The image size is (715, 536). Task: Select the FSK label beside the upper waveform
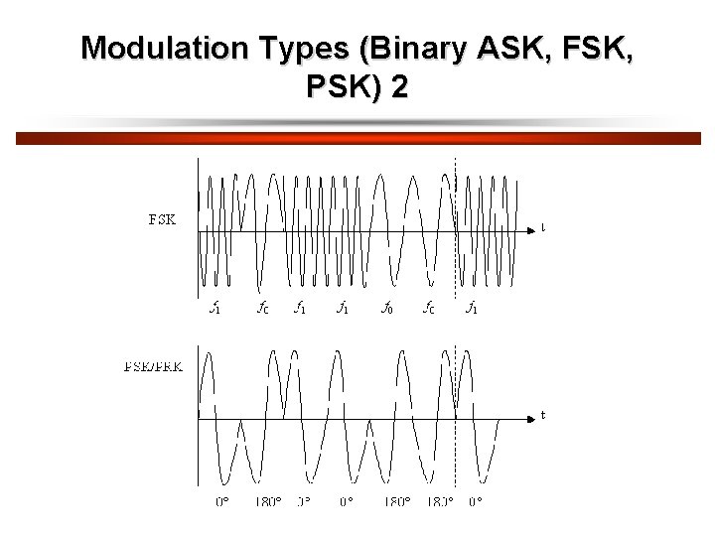coord(162,220)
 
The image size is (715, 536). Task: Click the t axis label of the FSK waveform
coord(542,227)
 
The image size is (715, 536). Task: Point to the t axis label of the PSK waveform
coord(542,415)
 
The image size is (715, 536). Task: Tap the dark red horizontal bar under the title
coord(357,139)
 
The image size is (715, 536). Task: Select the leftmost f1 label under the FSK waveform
coord(214,307)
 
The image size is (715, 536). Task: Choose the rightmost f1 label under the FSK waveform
coord(474,307)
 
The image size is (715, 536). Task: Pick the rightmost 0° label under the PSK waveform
coord(476,502)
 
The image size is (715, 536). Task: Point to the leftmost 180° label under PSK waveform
coord(268,502)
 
